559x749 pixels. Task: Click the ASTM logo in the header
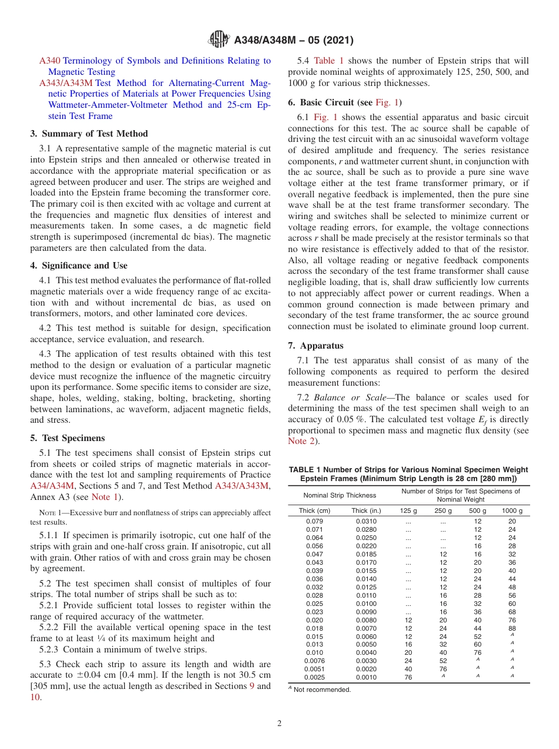(x=220, y=41)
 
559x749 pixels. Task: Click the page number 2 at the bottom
(x=279, y=723)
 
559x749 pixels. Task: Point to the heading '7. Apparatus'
(x=315, y=346)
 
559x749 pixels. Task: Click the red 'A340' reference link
(x=49, y=61)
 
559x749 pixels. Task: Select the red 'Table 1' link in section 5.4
(x=329, y=61)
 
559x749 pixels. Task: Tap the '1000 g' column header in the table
(x=511, y=511)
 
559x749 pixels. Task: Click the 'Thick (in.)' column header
(x=366, y=511)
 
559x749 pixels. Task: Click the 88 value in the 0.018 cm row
(x=511, y=628)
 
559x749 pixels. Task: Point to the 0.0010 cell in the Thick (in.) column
(x=366, y=677)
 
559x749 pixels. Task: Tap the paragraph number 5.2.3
(x=50, y=650)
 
